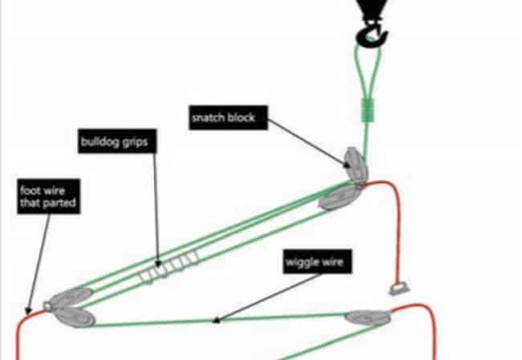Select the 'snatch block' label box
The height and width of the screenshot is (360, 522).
pos(228,117)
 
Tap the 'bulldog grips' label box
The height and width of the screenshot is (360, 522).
pos(117,141)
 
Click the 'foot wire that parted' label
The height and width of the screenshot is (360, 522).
pos(49,197)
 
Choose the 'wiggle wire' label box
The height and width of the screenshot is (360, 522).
pos(317,262)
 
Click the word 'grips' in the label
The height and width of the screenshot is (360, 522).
pos(135,142)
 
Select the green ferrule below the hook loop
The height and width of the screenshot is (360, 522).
pos(368,110)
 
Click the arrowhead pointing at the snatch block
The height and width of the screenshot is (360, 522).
pos(347,164)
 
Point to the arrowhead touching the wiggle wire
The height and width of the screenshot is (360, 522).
pos(216,321)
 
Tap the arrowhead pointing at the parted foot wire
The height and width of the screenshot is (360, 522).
pos(28,311)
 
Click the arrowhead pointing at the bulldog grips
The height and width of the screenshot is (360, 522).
pos(158,264)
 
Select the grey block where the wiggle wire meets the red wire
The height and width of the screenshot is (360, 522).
pos(368,317)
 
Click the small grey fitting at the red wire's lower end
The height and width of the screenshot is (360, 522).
pos(399,288)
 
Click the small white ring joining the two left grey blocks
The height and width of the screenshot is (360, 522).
pos(47,305)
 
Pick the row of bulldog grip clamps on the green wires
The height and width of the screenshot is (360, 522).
pos(169,267)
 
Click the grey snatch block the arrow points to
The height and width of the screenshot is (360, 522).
pos(356,165)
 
